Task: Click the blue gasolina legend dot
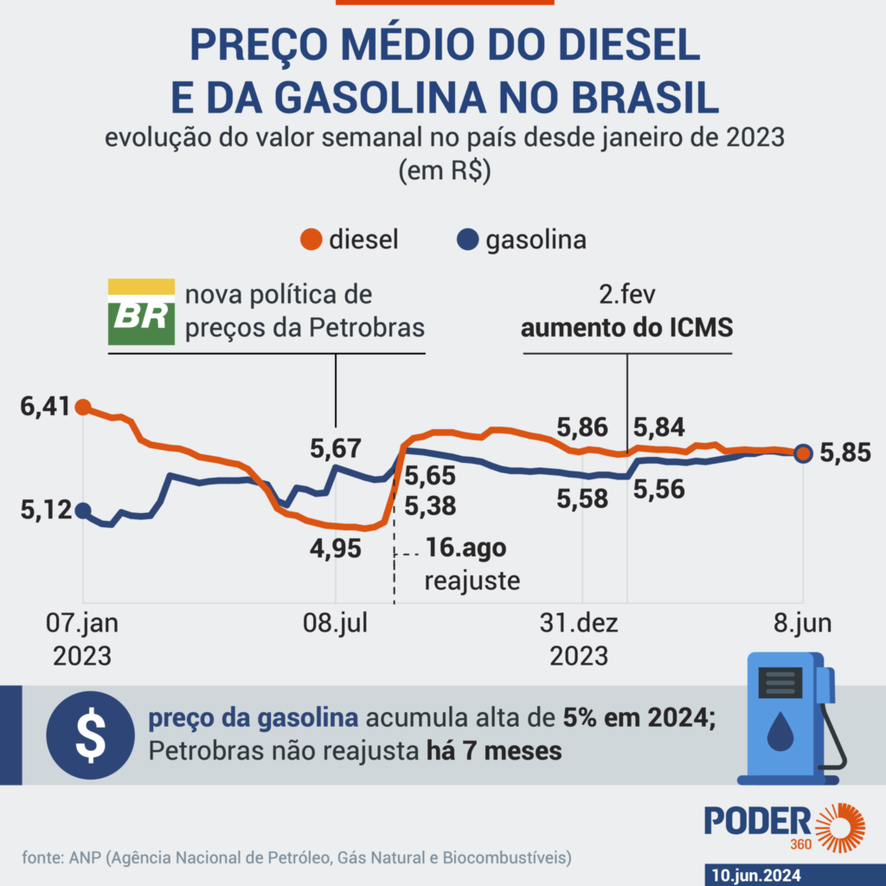click(469, 240)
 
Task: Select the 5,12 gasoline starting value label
click(43, 511)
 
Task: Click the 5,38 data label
click(432, 504)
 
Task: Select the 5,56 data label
click(659, 489)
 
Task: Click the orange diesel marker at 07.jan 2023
click(83, 406)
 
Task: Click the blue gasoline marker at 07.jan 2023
click(83, 510)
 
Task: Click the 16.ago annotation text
click(465, 550)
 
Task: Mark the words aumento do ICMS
click(626, 329)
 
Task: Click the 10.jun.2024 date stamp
click(758, 875)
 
